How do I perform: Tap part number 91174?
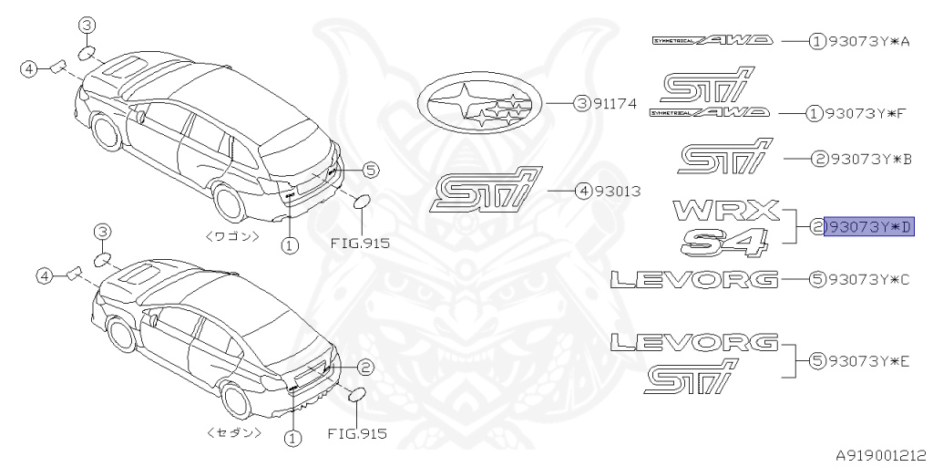click(x=616, y=105)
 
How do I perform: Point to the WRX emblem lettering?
click(x=726, y=210)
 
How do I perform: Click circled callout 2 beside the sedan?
click(x=364, y=368)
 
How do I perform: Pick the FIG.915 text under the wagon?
click(x=359, y=244)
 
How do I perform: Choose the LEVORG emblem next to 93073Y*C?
click(x=694, y=279)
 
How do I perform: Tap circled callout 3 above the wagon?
click(x=87, y=26)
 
